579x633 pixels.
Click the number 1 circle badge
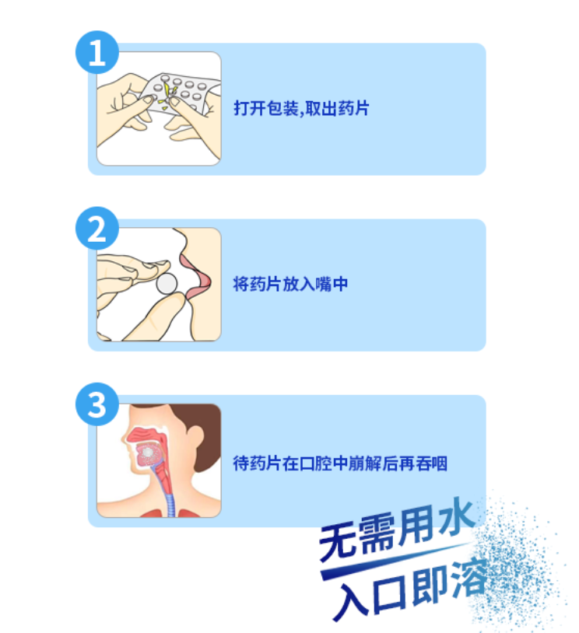coord(96,55)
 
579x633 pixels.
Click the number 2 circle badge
coord(96,230)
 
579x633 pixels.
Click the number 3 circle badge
coord(96,406)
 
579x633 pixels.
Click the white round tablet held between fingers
coord(167,285)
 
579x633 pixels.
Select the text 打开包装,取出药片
coord(301,108)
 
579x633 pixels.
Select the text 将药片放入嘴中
coord(290,285)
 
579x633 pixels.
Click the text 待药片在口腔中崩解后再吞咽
coord(340,464)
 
